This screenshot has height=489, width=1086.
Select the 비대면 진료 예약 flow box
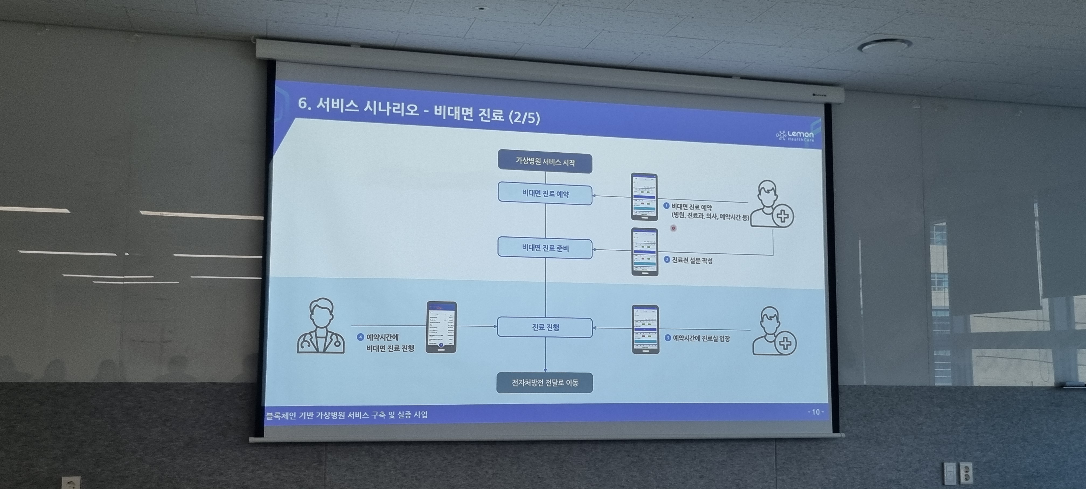click(x=545, y=194)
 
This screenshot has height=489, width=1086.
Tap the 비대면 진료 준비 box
click(x=545, y=248)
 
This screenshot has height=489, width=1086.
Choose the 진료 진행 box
click(x=545, y=327)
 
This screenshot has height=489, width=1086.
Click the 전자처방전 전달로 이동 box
click(x=545, y=383)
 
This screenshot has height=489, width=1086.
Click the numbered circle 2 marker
click(x=667, y=260)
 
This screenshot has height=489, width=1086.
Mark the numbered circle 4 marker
click(x=360, y=337)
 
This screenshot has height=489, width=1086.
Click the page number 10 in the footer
click(x=815, y=412)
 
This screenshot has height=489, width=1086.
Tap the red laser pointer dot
click(x=673, y=228)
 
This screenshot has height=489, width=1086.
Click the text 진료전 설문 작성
click(x=692, y=260)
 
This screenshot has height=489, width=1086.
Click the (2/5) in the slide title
click(x=524, y=117)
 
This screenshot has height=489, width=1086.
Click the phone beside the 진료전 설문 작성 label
click(x=645, y=252)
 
